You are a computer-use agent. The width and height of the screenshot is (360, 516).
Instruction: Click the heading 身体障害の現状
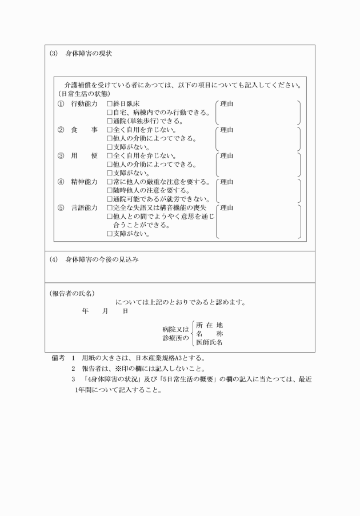(89, 54)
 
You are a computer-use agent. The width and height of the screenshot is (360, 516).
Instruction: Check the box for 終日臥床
(109, 104)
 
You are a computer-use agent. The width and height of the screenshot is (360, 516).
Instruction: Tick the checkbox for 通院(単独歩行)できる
(109, 121)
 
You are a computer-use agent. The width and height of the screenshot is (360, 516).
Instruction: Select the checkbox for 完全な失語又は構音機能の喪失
(109, 207)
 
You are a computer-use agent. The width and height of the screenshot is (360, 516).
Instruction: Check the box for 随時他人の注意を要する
(109, 190)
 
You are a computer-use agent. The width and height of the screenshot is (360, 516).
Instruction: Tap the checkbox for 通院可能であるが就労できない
(109, 199)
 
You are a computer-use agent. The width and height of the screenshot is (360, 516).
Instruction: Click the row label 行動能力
(85, 104)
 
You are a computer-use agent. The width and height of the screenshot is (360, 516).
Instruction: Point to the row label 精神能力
(85, 182)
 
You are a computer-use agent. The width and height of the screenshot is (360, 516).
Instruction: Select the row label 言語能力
(85, 207)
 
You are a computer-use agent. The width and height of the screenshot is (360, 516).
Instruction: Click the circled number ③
(61, 155)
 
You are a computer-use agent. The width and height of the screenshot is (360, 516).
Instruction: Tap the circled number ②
(61, 130)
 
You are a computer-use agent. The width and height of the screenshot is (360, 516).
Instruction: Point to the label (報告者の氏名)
(71, 293)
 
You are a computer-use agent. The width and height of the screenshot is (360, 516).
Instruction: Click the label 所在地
(209, 325)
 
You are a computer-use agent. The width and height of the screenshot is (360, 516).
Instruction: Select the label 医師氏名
(209, 342)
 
